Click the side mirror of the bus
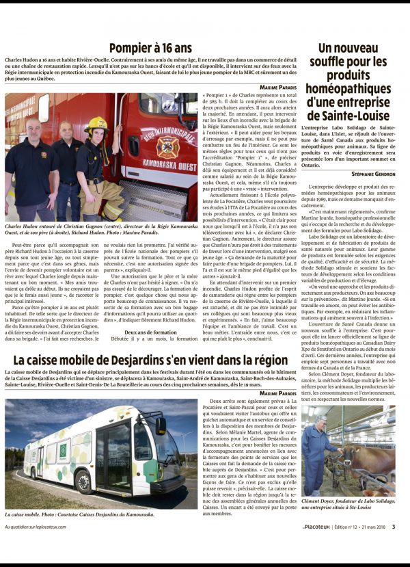(x=161, y=425)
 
